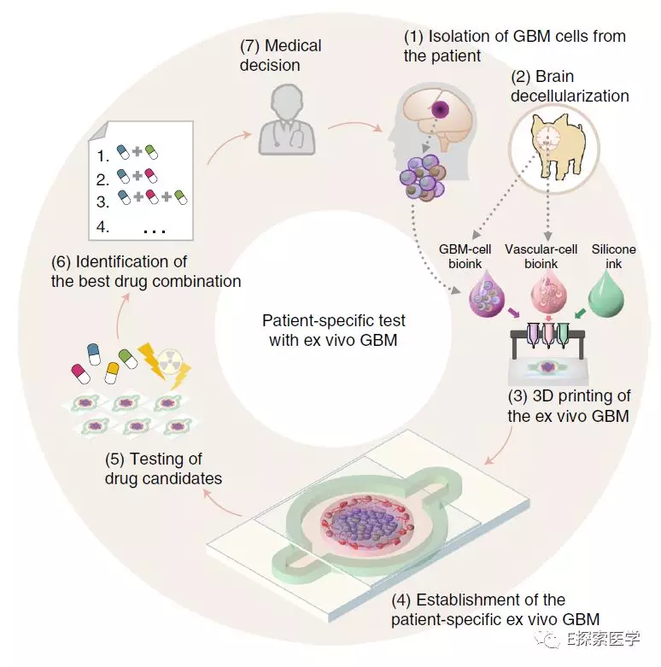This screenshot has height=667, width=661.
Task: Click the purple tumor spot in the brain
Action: tap(440, 109)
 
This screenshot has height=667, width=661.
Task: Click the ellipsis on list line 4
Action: tap(155, 230)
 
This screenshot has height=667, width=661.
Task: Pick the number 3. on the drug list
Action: tap(103, 202)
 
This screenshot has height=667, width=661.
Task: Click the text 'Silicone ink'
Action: tap(613, 256)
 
